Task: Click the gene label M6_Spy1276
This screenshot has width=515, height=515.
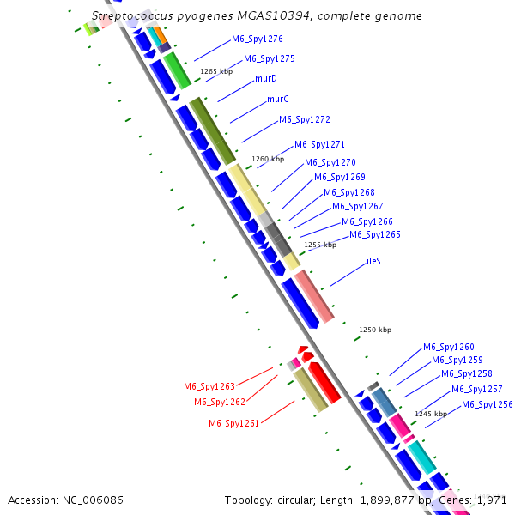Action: coord(257,39)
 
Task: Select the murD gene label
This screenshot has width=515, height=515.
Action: coord(265,79)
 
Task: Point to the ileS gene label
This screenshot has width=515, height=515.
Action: coord(374,261)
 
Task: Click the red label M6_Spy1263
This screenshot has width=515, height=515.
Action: coord(209,387)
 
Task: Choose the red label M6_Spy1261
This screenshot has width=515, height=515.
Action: coord(233,423)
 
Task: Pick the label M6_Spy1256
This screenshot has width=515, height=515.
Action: coord(488,405)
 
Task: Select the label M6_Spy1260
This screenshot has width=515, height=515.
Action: coord(448,348)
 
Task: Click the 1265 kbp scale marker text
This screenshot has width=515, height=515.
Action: coord(216,72)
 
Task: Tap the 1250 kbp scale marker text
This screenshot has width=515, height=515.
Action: coord(375,330)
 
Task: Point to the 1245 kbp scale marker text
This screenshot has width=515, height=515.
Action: coord(431,414)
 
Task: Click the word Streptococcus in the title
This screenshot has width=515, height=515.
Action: coord(129,16)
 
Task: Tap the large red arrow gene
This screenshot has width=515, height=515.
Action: coord(325,383)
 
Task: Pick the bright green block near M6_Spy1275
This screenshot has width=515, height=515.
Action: coord(177,70)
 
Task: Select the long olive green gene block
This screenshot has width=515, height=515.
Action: coord(213,130)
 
